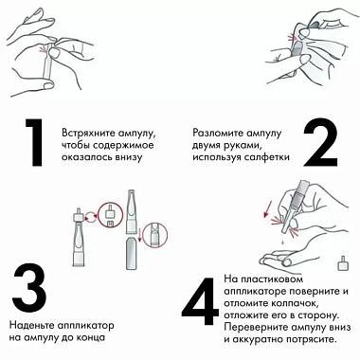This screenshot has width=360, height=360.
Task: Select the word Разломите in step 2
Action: click(x=217, y=132)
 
